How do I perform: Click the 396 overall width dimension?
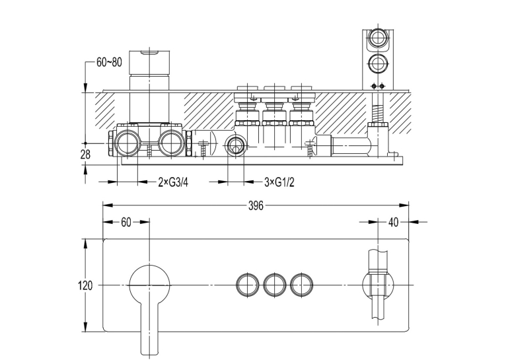tap(256, 205)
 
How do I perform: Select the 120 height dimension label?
tap(85, 285)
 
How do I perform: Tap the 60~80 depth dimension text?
tap(110, 62)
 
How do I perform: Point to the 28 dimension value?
tap(85, 155)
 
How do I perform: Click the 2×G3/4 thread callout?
tap(173, 182)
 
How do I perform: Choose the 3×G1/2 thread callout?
tap(279, 182)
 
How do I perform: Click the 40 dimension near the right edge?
tap(394, 222)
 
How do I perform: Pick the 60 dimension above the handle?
tap(126, 222)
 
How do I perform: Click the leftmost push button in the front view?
tap(248, 285)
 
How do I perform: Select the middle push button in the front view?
tap(275, 285)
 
